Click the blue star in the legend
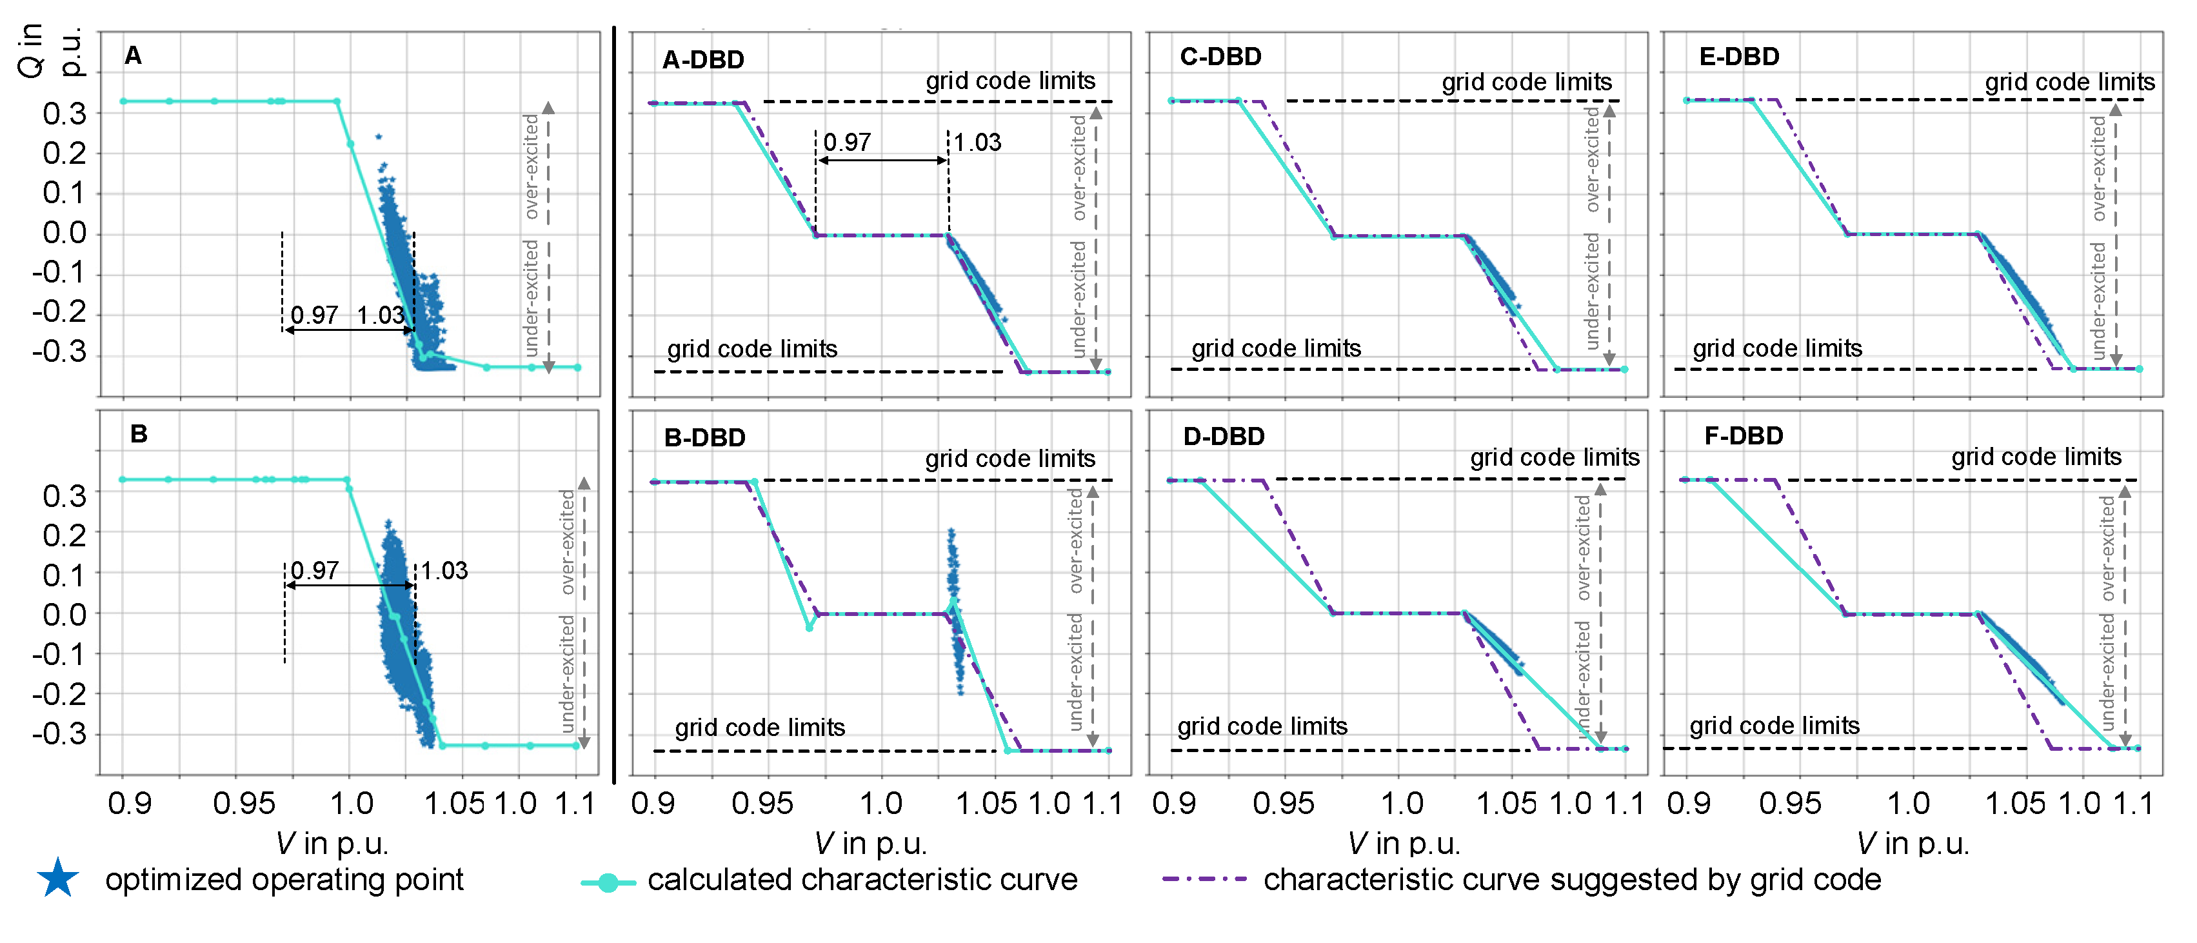tap(58, 879)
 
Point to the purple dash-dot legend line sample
tap(1204, 879)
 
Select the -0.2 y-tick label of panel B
tap(60, 694)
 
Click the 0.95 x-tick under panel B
tap(244, 803)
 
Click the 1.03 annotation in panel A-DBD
tap(977, 143)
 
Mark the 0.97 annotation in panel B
tap(315, 570)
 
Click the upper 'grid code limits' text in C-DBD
tap(1527, 82)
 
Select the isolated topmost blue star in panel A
tap(378, 137)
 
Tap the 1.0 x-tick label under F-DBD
tap(1909, 803)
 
